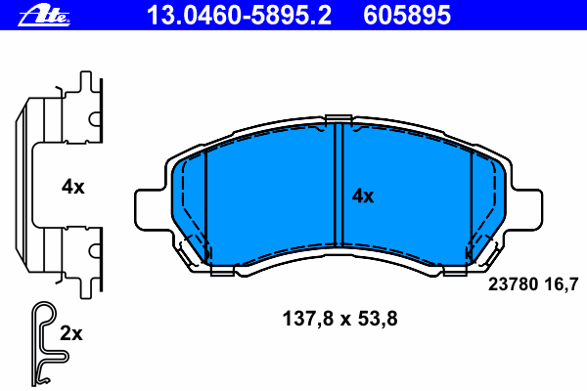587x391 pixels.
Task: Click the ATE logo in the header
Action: click(44, 16)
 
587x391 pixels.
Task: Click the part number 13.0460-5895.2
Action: click(239, 16)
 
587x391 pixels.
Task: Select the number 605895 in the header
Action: click(407, 16)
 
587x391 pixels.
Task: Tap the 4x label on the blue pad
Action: click(362, 196)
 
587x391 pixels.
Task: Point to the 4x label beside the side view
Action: click(73, 187)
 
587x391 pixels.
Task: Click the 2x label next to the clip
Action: click(71, 332)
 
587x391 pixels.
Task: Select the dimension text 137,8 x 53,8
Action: click(339, 319)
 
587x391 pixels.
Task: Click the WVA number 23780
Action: click(513, 284)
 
